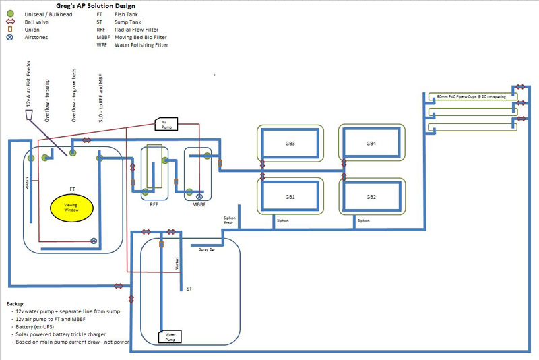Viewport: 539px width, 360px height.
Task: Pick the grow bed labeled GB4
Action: pos(371,143)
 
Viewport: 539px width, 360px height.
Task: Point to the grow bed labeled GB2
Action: pos(371,197)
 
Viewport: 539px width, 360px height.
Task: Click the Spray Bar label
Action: pos(207,249)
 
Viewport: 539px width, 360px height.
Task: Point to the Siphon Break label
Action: pos(230,220)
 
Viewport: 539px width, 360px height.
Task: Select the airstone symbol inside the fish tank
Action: pos(94,241)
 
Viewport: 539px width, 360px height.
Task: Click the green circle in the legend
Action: pos(10,13)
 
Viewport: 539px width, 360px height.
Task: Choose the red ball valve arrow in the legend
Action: pos(10,22)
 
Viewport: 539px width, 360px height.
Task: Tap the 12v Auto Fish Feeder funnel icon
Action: pos(28,115)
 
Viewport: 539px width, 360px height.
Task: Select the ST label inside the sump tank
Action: pos(189,288)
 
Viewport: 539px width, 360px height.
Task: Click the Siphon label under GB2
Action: pos(364,220)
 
